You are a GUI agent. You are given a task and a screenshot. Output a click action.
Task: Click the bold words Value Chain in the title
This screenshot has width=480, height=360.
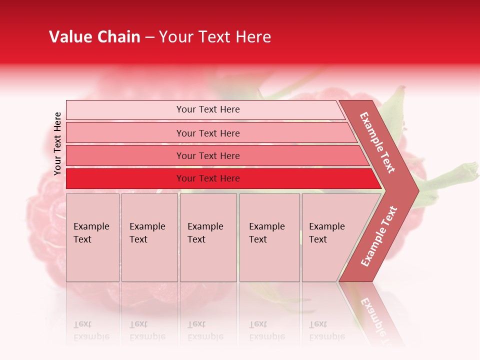pyautogui.click(x=94, y=37)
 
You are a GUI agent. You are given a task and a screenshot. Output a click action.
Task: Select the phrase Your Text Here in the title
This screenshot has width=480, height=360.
pyautogui.click(x=215, y=37)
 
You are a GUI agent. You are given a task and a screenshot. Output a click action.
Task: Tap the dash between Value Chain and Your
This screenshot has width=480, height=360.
pyautogui.click(x=149, y=37)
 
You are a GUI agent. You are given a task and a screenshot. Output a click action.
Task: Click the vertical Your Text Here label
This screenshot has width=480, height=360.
pyautogui.click(x=57, y=143)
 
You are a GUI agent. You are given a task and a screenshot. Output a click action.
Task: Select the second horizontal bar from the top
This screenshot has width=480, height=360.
pyautogui.click(x=208, y=133)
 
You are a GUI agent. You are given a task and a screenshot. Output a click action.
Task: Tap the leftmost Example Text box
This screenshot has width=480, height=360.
pyautogui.click(x=92, y=237)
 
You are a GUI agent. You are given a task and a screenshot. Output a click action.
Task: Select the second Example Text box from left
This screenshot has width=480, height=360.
pyautogui.click(x=149, y=237)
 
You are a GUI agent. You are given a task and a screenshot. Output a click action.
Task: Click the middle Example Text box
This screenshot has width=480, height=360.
pyautogui.click(x=208, y=237)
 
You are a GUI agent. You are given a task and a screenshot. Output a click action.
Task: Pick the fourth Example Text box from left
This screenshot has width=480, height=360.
pyautogui.click(x=269, y=237)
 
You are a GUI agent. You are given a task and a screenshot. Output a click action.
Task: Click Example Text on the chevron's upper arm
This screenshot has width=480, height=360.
pyautogui.click(x=377, y=142)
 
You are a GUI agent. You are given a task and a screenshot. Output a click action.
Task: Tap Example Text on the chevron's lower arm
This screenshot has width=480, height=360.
pyautogui.click(x=379, y=236)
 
